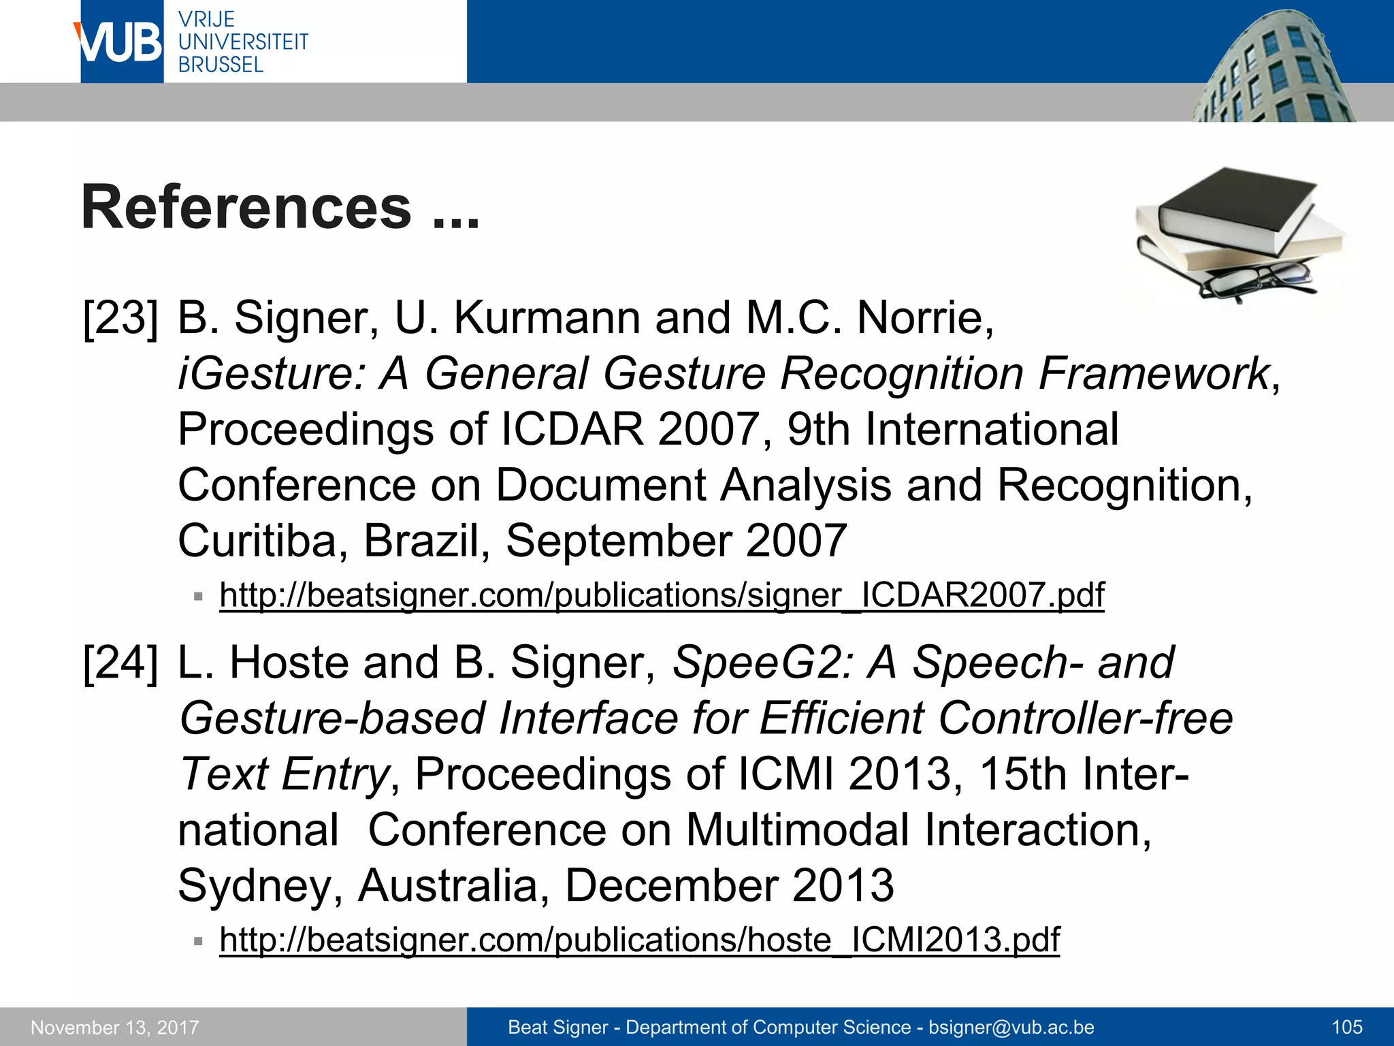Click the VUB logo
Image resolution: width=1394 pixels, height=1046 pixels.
coord(121,42)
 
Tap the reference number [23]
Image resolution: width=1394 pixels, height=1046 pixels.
coord(120,318)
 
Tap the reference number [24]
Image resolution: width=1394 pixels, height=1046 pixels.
coord(120,663)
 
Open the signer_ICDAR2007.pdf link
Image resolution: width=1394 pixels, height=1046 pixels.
coord(662,595)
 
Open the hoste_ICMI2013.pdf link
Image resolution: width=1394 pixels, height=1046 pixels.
coord(639,940)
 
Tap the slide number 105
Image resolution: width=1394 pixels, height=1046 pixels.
coord(1347,1027)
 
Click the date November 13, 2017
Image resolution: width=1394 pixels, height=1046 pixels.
coord(115,1027)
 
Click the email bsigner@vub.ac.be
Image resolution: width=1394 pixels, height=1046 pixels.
coord(1011,1027)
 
